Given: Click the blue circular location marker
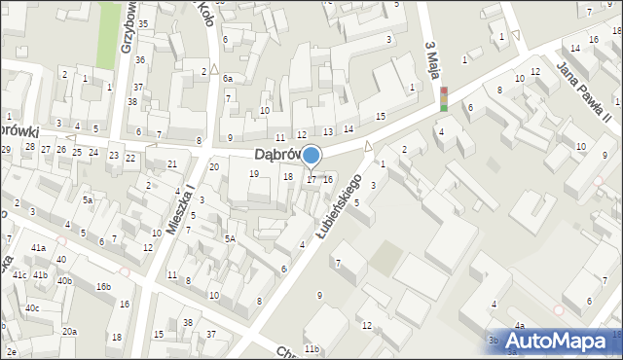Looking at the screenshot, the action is (311, 155).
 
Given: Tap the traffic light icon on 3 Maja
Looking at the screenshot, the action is (443, 99).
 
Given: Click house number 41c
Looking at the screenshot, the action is (19, 275).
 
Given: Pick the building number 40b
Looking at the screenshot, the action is (64, 281).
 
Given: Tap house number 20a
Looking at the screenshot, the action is (70, 332).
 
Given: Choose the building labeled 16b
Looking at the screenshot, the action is (103, 287).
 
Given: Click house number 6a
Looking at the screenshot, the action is (227, 78).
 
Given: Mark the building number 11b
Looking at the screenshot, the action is (311, 348).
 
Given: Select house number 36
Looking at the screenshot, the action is (140, 60).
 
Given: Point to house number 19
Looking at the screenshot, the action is (254, 173).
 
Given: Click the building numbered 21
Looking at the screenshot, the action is (172, 163).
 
